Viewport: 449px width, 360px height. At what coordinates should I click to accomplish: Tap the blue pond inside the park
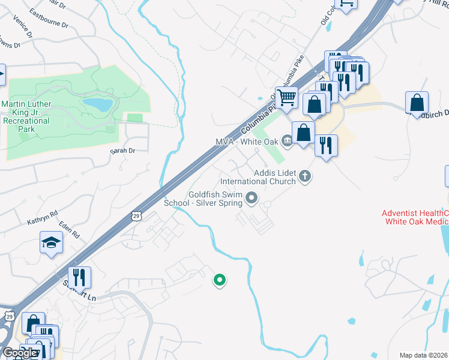97,105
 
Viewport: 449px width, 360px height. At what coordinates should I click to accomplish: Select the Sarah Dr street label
122,151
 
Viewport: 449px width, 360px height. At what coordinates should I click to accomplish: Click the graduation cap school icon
51,242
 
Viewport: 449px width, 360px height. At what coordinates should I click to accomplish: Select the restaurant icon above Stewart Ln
79,277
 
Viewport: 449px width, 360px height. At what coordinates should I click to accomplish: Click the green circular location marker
220,279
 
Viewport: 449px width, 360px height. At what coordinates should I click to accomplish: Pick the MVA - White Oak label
247,142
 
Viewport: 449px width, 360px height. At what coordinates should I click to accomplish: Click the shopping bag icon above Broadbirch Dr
417,102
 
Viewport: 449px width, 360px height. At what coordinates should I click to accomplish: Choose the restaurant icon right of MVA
326,145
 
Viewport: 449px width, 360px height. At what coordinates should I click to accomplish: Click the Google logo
19,353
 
